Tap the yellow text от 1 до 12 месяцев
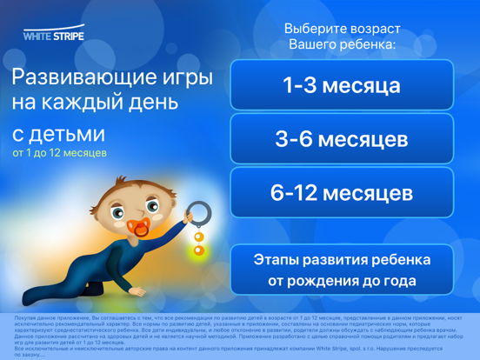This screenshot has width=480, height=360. coord(60,153)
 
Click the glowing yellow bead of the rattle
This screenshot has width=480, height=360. coord(199,251)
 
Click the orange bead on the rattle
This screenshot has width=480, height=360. coord(198,237)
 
